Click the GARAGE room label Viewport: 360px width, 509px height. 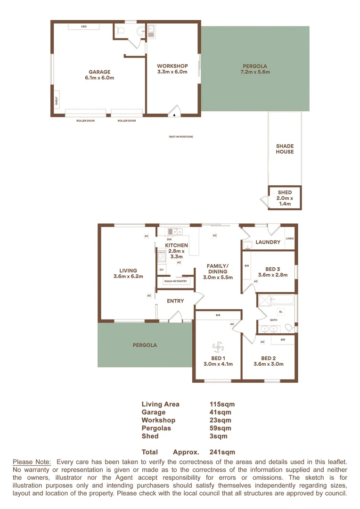(99, 72)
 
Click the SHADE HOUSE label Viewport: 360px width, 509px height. (285, 149)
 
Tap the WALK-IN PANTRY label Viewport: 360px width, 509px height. (175, 281)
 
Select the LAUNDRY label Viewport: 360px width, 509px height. (268, 242)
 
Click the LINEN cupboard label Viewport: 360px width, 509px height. (289, 238)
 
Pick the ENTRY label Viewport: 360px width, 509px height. (175, 301)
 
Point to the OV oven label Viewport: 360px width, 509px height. (161, 270)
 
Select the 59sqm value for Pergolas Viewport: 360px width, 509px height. (221, 428)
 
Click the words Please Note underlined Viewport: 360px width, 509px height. (32, 462)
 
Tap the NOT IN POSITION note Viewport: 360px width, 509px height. (181, 137)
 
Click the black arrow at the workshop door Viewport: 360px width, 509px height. (174, 114)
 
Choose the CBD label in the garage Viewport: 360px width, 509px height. (84, 27)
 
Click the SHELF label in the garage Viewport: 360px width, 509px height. (55, 100)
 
